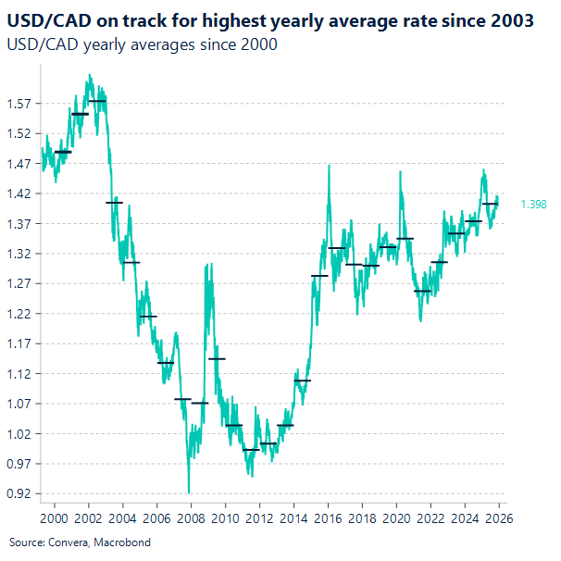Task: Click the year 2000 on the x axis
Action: click(x=54, y=517)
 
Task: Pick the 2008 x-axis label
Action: click(x=191, y=517)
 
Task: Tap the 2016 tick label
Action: click(x=328, y=517)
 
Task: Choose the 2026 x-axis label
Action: click(x=499, y=517)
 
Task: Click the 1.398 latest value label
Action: click(x=533, y=204)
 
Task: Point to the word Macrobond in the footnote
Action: click(x=125, y=542)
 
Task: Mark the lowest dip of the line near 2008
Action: click(x=189, y=492)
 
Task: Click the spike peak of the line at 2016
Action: click(x=330, y=166)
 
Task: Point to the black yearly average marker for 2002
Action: click(x=97, y=100)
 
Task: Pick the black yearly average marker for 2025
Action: click(x=490, y=204)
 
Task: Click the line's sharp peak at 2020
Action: click(x=401, y=171)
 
